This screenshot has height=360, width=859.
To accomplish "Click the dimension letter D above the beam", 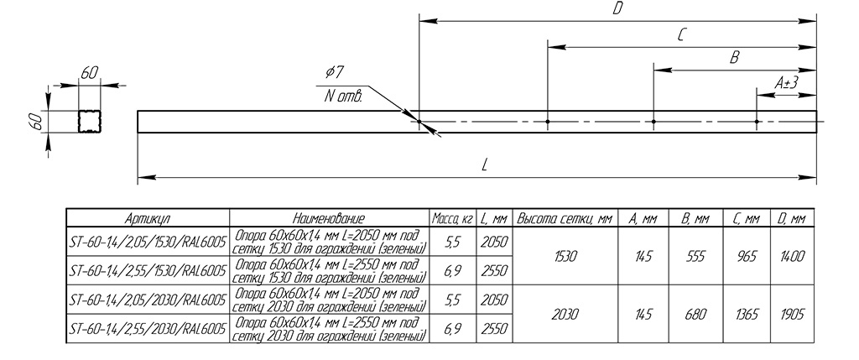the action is (x=617, y=8).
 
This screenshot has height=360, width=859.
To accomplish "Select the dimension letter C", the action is (x=680, y=35).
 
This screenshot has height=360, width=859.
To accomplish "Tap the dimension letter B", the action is (x=735, y=58).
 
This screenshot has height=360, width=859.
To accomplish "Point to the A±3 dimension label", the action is (x=786, y=83).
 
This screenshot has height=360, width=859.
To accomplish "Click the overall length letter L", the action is (x=484, y=165).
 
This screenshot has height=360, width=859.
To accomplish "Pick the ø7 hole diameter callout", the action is (x=335, y=72).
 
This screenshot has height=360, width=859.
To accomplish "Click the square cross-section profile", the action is (x=90, y=121).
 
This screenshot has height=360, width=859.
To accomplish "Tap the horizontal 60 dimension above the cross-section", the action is (x=90, y=73).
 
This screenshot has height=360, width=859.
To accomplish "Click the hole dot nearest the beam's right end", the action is (x=756, y=121).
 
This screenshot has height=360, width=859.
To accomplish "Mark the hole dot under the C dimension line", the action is (x=547, y=121).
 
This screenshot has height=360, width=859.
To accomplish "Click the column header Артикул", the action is (x=148, y=219).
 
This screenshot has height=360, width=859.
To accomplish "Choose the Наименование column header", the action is (x=329, y=219).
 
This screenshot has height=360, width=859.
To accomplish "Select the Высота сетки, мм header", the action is (x=565, y=219).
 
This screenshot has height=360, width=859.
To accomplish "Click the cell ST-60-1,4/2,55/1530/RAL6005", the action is (x=148, y=271).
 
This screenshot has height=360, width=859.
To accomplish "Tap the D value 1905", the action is (x=792, y=315).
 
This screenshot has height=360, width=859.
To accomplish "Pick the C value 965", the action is (x=747, y=257).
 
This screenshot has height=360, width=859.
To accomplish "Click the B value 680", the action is (x=695, y=315).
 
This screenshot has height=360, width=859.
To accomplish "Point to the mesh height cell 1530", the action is (x=565, y=257).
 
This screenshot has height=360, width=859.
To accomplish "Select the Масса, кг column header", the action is (x=452, y=219).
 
